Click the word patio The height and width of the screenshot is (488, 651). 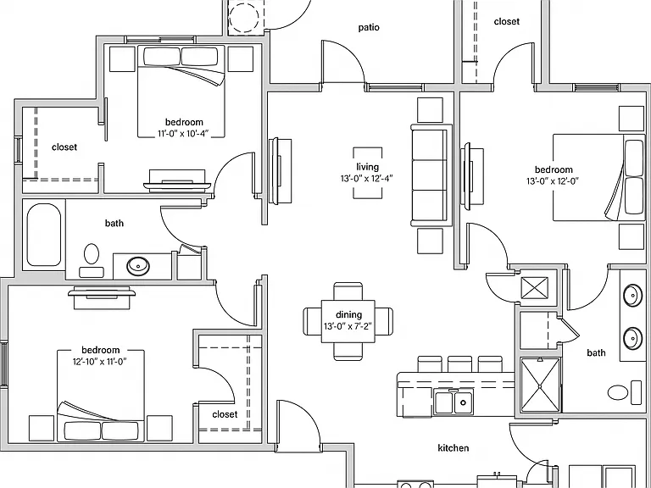pyautogui.click(x=369, y=27)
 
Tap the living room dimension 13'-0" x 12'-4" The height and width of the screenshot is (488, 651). pyautogui.click(x=367, y=179)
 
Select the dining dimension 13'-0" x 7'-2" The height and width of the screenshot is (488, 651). pyautogui.click(x=348, y=326)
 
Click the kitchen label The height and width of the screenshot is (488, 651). pyautogui.click(x=453, y=447)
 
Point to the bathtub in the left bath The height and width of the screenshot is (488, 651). pyautogui.click(x=43, y=235)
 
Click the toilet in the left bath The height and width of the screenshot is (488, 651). pyautogui.click(x=92, y=260)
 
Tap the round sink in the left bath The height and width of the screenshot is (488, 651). pyautogui.click(x=138, y=265)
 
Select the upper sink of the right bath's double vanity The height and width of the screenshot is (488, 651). pyautogui.click(x=633, y=295)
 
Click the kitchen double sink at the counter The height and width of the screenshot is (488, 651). pyautogui.click(x=453, y=402)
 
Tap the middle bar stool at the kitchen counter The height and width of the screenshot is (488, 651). pyautogui.click(x=459, y=364)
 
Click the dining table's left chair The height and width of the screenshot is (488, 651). pyautogui.click(x=312, y=321)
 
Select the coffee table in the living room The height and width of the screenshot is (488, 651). pyautogui.click(x=367, y=173)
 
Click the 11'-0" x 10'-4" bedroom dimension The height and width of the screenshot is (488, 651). pyautogui.click(x=183, y=134)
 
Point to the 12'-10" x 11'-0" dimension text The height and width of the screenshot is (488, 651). pyautogui.click(x=100, y=362)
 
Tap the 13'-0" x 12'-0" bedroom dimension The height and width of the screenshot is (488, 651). pyautogui.click(x=553, y=181)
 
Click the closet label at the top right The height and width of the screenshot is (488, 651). pyautogui.click(x=507, y=21)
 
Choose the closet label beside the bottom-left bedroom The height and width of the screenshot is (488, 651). pyautogui.click(x=225, y=414)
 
